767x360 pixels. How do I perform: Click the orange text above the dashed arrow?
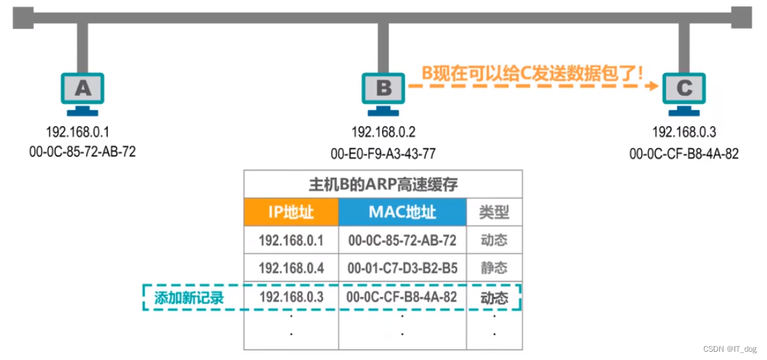point(533,71)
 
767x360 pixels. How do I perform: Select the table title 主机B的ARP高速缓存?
point(383,185)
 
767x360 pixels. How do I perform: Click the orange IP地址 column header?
point(291,212)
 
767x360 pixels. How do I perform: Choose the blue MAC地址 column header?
point(402,212)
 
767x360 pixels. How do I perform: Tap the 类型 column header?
point(494,212)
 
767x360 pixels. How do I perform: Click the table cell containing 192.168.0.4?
point(291,268)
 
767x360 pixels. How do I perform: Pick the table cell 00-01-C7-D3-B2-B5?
point(402,268)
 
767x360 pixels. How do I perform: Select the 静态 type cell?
point(494,268)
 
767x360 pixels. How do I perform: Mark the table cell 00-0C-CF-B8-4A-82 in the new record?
point(402,298)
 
